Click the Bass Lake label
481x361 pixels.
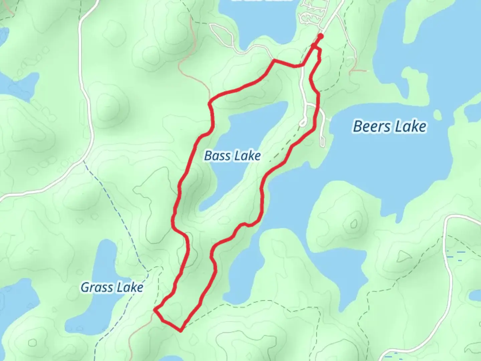232,156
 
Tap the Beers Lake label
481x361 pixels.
389,127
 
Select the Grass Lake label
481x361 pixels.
112,287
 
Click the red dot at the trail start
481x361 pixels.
321,36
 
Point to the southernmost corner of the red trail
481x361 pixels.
181,331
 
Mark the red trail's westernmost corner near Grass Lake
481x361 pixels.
155,310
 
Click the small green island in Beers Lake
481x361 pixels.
437,115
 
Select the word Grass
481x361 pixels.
97,287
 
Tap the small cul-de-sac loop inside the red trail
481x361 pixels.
303,122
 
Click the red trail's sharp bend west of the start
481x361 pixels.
274,61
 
